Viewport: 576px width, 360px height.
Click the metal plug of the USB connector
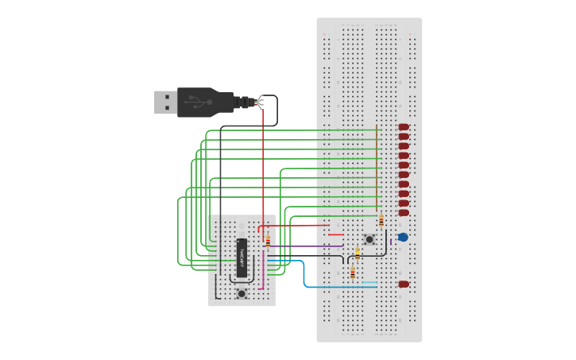[165, 102]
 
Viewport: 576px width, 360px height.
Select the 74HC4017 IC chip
[242, 257]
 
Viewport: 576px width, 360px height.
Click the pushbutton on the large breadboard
[369, 239]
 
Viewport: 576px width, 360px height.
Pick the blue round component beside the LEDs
[403, 237]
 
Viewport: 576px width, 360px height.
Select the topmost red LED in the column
[404, 127]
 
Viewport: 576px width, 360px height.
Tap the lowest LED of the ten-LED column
[404, 213]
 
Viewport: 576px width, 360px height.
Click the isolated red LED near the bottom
[404, 284]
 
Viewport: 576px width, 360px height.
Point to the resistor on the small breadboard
[268, 241]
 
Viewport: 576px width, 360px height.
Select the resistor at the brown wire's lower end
[381, 220]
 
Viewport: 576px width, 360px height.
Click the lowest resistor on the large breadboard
[353, 273]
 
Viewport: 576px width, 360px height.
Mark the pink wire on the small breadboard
[263, 274]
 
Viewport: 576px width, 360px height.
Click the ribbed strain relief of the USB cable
[243, 102]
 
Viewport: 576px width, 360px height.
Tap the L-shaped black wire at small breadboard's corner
[216, 292]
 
